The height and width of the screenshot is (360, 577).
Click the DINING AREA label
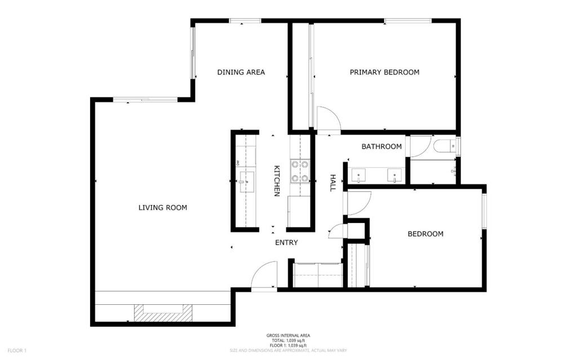click(x=241, y=72)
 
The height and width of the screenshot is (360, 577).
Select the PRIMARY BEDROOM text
click(x=384, y=72)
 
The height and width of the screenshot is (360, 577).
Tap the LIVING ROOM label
click(x=162, y=208)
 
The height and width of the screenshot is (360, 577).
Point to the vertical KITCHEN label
click(x=277, y=181)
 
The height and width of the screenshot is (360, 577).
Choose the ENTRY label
click(x=286, y=243)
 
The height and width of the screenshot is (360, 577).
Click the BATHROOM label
click(x=381, y=146)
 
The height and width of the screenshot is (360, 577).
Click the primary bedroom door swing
click(x=327, y=120)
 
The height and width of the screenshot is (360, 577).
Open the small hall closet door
click(x=336, y=231)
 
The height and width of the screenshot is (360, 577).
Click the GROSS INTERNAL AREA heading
click(x=288, y=336)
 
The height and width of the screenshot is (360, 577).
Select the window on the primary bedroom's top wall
click(x=408, y=21)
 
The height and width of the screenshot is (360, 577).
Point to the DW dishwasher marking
click(x=238, y=163)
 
